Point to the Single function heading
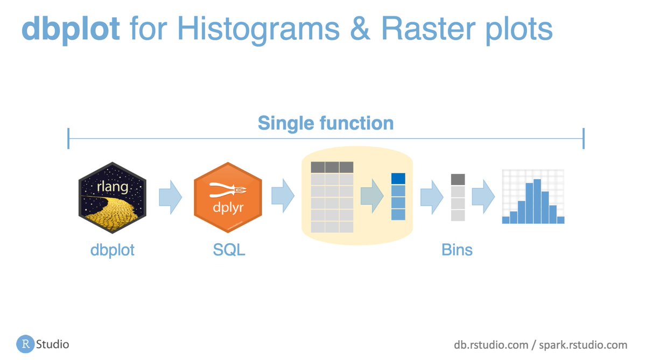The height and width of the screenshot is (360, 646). pos(326,123)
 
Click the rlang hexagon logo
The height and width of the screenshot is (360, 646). pos(112,197)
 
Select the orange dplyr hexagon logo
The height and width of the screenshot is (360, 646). pos(228,197)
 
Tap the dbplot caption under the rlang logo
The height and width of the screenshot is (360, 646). pos(113,250)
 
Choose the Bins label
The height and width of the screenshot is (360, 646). pos(457,250)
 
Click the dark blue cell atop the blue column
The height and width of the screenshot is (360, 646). pos(398,179)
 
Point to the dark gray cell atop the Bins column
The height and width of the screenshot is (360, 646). pos(458,179)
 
